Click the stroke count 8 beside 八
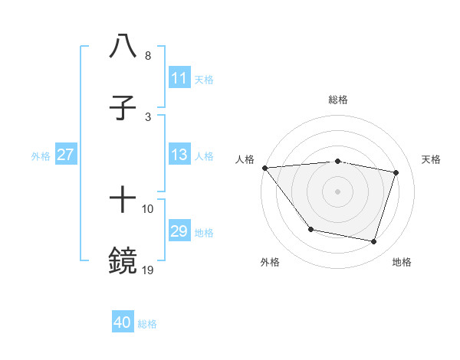[x=148, y=56]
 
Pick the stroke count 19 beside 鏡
[x=148, y=270]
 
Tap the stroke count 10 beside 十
[x=148, y=209]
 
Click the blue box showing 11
[x=179, y=78]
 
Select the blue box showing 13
[x=179, y=155]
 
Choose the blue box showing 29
[x=179, y=231]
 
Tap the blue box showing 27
[x=66, y=155]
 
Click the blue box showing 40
[x=123, y=322]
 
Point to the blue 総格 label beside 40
[x=147, y=324]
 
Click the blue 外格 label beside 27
[x=41, y=156]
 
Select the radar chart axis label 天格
[x=432, y=159]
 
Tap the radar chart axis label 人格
[x=244, y=159]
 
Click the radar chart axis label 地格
[x=402, y=262]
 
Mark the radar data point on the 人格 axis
[x=264, y=168]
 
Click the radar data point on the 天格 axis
[x=396, y=172]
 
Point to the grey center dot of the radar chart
[x=337, y=191]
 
